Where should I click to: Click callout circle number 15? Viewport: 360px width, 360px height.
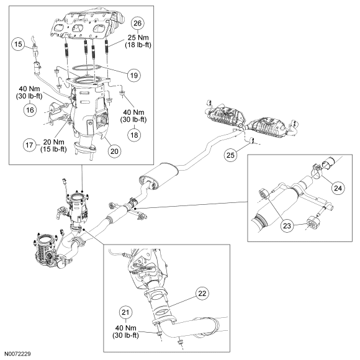pos(19,43)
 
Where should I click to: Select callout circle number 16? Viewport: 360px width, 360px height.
pos(30,110)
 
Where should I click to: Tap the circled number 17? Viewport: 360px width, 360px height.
pos(30,145)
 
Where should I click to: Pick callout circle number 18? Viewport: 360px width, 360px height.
pos(134,135)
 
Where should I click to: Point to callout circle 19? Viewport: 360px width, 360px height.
pos(134,75)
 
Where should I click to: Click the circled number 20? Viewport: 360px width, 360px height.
pos(114,151)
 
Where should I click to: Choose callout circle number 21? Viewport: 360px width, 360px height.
pos(125,312)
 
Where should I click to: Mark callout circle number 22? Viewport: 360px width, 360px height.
pos(202,293)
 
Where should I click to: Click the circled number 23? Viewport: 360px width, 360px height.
pos(287,226)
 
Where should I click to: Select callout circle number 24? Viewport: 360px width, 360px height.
pos(338,188)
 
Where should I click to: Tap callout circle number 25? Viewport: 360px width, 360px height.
pos(230,155)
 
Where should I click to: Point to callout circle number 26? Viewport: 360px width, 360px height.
pos(138,23)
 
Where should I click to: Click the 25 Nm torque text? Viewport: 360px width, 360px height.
pos(138,37)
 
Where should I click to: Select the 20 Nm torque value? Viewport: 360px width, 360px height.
pos(54,142)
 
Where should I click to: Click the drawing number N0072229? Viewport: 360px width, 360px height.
pos(17,354)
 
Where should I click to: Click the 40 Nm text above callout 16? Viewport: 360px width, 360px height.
pos(29,89)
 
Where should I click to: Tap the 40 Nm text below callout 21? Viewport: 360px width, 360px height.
pos(126,328)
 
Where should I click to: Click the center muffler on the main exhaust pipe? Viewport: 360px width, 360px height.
pos(158,176)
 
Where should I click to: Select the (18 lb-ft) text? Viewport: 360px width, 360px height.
pos(138,45)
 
